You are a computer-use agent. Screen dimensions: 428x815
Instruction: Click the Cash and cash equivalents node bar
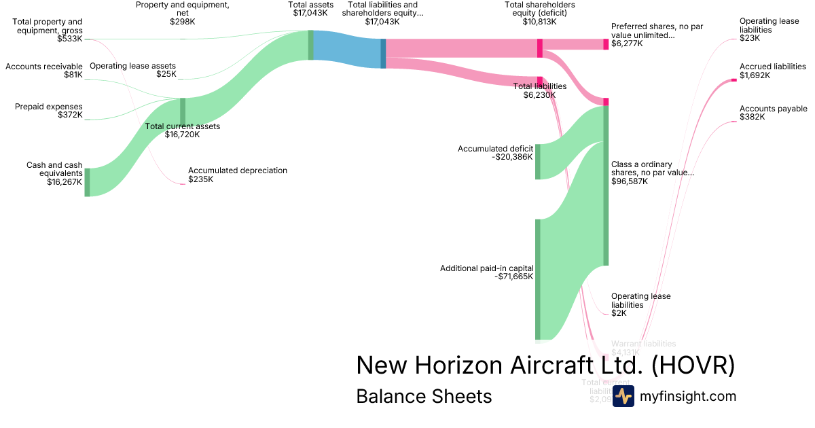point(87,182)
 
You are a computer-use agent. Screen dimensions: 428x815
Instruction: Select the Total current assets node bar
point(182,112)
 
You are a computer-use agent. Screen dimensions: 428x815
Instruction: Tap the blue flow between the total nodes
point(346,50)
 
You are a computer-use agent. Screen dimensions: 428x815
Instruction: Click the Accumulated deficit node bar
point(537,162)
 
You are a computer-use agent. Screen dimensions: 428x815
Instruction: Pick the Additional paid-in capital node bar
point(537,279)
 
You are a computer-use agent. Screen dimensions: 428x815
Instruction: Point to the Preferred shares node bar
point(606,44)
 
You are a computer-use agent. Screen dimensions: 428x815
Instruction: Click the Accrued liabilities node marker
point(733,80)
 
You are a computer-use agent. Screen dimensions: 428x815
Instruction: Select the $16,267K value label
point(65,182)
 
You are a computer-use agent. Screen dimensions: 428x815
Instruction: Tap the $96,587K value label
point(630,181)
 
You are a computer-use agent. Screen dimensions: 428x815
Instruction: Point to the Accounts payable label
point(774,109)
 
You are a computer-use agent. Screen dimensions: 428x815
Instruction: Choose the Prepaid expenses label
point(48,107)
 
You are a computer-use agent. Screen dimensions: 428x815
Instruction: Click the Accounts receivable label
point(44,67)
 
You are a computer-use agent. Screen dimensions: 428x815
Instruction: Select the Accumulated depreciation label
point(238,171)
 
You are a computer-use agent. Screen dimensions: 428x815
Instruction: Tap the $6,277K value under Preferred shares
point(627,43)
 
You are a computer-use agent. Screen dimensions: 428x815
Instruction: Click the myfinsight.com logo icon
point(623,396)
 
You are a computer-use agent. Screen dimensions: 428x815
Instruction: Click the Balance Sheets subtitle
point(424,396)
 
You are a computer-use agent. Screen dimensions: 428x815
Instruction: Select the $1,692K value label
point(755,75)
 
